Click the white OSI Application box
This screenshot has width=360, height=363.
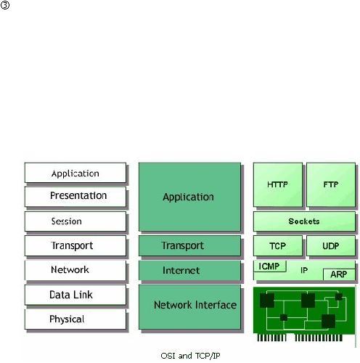75,173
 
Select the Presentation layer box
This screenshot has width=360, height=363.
75,197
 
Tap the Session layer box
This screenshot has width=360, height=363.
75,221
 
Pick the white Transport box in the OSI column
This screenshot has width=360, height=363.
75,245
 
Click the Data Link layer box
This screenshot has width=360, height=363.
75,295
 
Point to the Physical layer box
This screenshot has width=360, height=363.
75,319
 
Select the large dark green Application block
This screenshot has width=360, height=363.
189,197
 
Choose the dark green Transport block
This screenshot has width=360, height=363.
189,245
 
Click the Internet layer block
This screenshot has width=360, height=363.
189,270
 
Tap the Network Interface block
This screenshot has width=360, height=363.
189,307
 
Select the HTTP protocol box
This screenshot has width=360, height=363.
278,184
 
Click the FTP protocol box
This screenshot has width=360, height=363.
331,184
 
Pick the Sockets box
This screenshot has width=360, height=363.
304,221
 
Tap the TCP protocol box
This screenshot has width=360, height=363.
278,245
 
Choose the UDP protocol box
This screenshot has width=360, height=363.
331,245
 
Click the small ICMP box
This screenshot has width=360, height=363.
270,266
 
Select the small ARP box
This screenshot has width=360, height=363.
339,274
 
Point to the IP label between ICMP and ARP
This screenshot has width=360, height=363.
304,270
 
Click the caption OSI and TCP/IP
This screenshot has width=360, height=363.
190,356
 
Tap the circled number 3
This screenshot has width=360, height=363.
5,5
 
